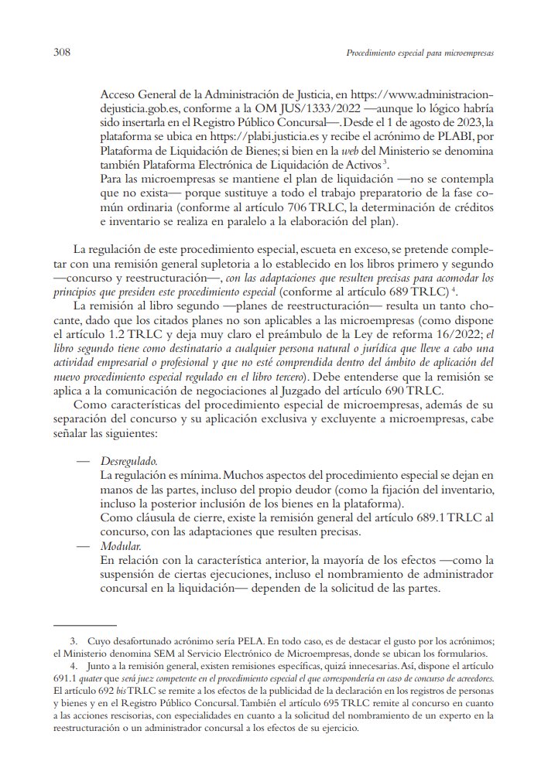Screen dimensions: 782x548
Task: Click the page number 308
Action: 63,53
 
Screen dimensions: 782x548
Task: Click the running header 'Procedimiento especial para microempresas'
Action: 420,54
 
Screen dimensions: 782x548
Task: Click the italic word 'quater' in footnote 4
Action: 84,678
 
